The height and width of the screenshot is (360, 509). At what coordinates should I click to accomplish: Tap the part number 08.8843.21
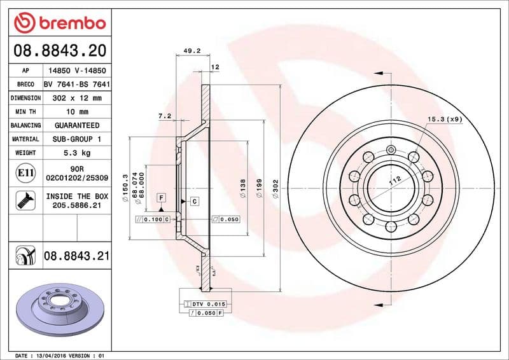tap(76, 256)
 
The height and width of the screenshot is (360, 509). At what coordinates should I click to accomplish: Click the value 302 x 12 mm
tap(76, 98)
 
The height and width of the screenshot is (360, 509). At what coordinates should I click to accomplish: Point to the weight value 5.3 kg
tap(76, 153)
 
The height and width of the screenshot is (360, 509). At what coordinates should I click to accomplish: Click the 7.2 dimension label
tap(164, 116)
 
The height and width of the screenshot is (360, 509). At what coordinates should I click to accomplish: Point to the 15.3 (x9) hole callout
tap(444, 119)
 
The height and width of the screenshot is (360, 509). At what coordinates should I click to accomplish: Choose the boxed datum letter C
tap(193, 201)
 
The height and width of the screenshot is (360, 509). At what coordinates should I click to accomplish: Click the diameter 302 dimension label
tap(275, 189)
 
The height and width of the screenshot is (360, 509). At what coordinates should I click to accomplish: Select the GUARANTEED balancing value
tap(76, 125)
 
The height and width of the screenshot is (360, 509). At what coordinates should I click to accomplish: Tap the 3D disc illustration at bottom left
tap(58, 308)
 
